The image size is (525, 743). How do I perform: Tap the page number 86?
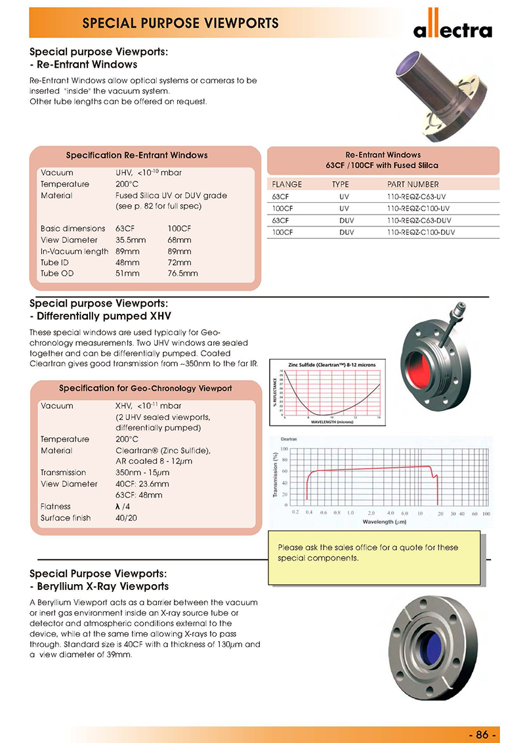[x=482, y=734]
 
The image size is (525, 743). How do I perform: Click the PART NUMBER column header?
[x=413, y=184]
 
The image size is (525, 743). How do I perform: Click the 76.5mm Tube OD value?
[x=182, y=273]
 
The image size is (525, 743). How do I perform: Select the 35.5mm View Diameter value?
[x=130, y=240]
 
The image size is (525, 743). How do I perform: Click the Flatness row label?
[x=55, y=507]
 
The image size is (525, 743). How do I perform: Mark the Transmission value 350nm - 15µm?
[x=142, y=473]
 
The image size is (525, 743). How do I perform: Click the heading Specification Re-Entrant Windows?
[x=136, y=156]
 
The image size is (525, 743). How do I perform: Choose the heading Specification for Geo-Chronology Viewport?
[x=145, y=388]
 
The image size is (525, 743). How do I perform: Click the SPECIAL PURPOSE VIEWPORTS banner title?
[x=180, y=24]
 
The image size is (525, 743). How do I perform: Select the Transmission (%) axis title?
[x=276, y=474]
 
